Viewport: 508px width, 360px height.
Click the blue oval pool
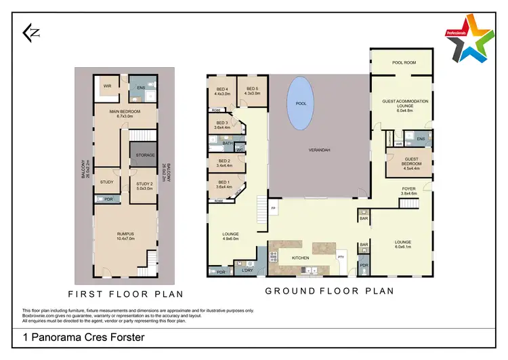(300, 103)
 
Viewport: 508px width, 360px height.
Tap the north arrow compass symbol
(30, 32)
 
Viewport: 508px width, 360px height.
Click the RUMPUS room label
(126, 236)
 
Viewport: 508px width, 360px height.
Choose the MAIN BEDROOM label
(125, 113)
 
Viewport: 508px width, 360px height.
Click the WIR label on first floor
(107, 86)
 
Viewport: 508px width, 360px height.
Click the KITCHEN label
(300, 258)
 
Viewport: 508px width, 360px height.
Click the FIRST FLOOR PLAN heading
(125, 295)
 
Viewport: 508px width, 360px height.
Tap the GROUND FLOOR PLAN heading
(329, 291)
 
